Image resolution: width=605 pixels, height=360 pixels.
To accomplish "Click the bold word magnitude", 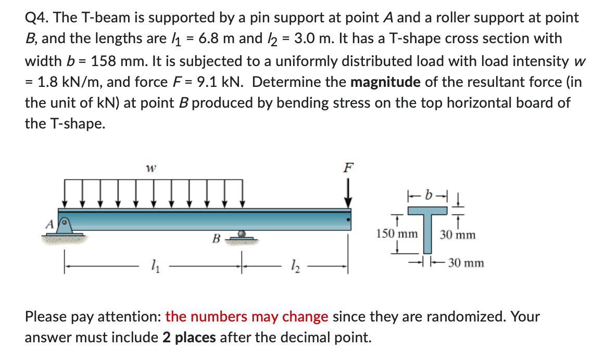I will (386, 82).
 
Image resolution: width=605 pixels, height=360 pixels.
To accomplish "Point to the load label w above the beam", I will (152, 168).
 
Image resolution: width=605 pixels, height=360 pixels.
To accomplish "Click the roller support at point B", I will (241, 236).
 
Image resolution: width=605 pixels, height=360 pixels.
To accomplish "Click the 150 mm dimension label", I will (396, 234).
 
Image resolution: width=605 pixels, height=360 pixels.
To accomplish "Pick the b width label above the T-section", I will (428, 196).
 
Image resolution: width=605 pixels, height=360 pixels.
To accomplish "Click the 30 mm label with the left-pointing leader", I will (466, 263).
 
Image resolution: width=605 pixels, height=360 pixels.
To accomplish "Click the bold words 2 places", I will (189, 338).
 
